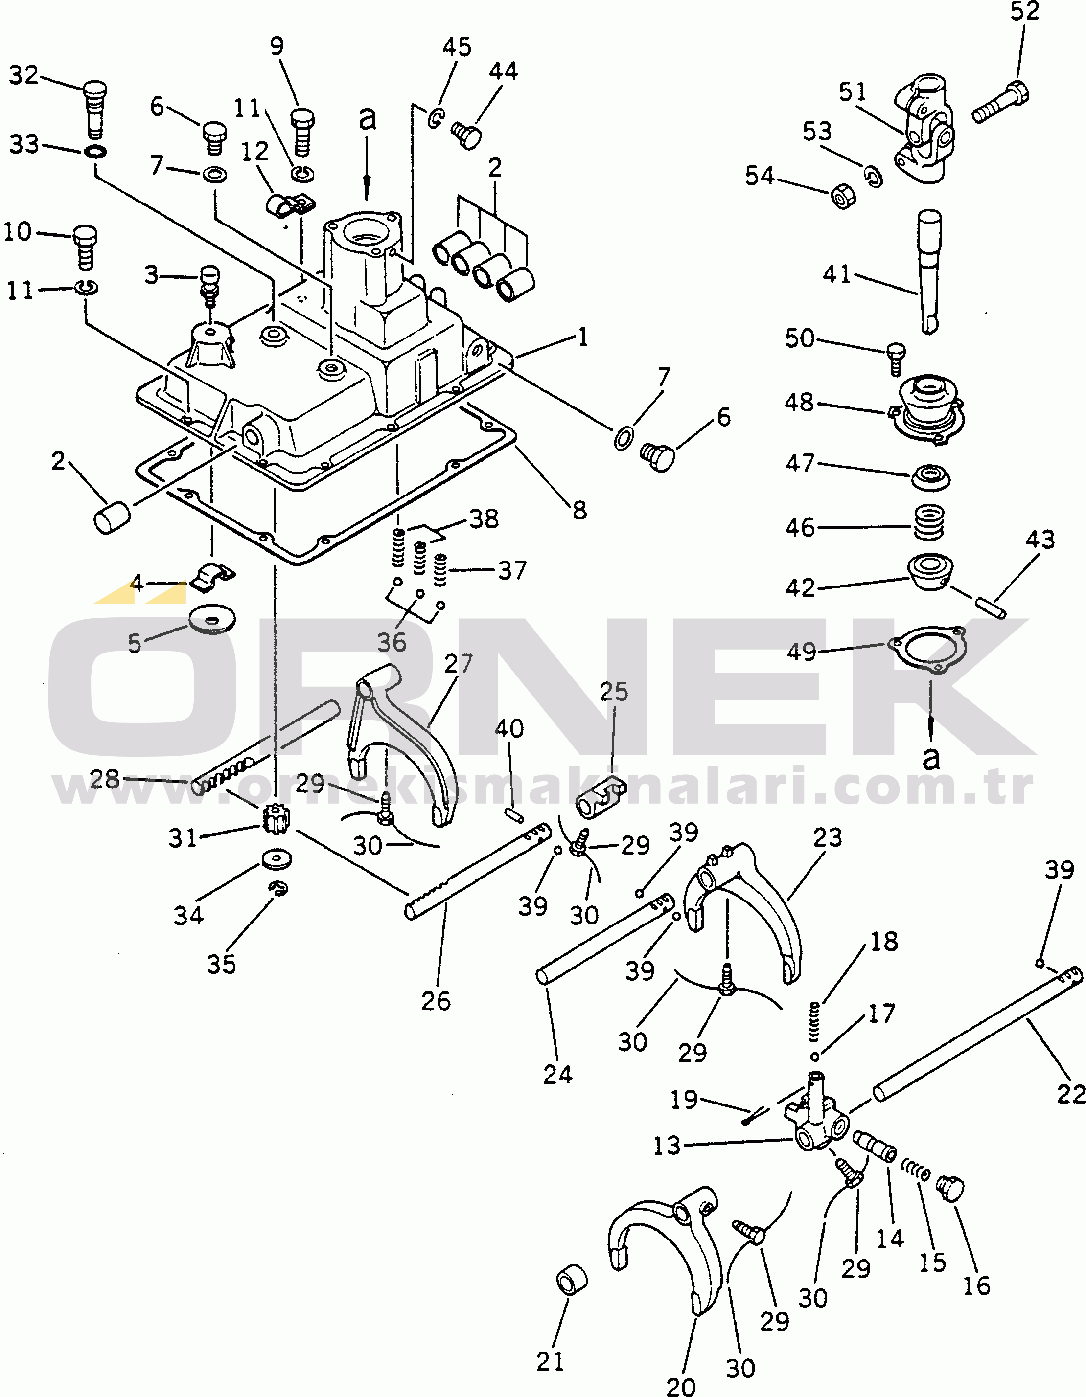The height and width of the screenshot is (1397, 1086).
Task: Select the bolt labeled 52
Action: pos(1000,102)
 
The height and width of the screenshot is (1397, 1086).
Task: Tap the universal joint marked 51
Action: pos(924,128)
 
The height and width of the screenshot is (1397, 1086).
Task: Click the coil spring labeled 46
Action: pos(928,522)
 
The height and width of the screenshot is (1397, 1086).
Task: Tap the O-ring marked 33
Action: pos(95,152)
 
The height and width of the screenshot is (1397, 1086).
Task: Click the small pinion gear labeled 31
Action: pos(273,819)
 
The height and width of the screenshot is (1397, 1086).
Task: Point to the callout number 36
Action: pos(391,642)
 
